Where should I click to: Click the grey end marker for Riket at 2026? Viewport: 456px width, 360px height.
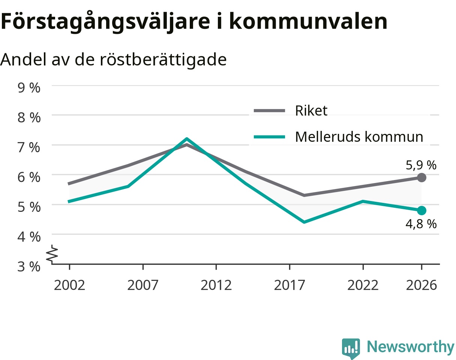pos(421,177)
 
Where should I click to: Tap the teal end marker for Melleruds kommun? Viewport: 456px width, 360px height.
pos(421,211)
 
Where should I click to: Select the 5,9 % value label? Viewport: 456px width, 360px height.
pos(421,165)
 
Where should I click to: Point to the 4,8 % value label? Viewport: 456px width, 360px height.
pos(421,224)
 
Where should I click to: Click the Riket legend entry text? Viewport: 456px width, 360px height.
pos(311,111)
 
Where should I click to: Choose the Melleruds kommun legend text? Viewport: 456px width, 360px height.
pos(359,136)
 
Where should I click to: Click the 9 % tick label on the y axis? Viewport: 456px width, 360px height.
pos(29,88)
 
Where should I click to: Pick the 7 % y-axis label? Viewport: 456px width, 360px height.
pos(29,147)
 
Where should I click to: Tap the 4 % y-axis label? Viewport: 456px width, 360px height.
pos(29,237)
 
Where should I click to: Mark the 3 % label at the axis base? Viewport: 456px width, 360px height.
pos(29,266)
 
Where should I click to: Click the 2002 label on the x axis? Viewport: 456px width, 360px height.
pos(69,285)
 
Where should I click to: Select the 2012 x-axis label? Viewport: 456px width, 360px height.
pos(216,285)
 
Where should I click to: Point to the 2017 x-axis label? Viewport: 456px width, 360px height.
pos(289,285)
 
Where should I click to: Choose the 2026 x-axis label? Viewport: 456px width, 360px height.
pos(421,285)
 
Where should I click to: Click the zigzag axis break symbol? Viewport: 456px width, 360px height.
pos(52,254)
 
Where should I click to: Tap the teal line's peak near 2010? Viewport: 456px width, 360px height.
pos(187,139)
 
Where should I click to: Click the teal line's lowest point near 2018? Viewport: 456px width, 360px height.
pos(304,222)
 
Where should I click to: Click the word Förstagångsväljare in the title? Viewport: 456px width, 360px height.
pos(105,22)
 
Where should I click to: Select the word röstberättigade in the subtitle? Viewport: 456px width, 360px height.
pos(163,60)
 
